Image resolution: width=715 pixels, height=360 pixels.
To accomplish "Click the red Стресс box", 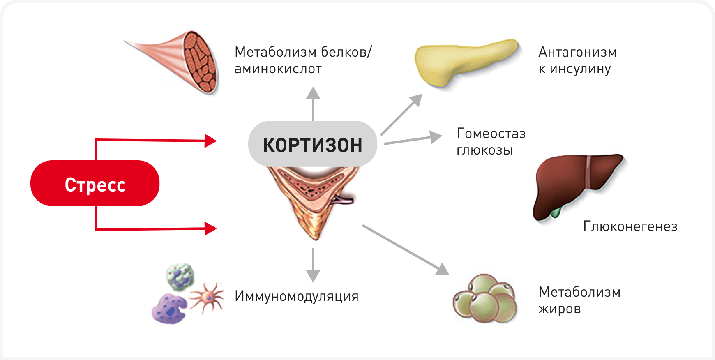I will pyautogui.click(x=95, y=183).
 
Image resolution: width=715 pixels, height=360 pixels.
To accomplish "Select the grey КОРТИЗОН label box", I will pyautogui.click(x=312, y=145).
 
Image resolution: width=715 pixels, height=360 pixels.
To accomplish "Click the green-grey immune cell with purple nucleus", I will pyautogui.click(x=180, y=276).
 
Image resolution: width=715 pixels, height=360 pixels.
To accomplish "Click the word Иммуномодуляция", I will pyautogui.click(x=296, y=296).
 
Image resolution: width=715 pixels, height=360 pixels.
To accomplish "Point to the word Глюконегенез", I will pyautogui.click(x=630, y=226).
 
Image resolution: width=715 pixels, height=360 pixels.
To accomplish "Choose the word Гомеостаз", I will pyautogui.click(x=491, y=134).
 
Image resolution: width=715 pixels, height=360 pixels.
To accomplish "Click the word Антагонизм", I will pyautogui.click(x=577, y=52).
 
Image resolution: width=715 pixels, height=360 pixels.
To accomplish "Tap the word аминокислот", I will pyautogui.click(x=278, y=69).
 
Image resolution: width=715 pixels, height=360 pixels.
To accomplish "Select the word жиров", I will pyautogui.click(x=559, y=309).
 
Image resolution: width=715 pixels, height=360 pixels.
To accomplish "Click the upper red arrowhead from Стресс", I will pyautogui.click(x=211, y=141).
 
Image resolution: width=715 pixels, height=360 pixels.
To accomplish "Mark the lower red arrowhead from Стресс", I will pyautogui.click(x=211, y=228).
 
